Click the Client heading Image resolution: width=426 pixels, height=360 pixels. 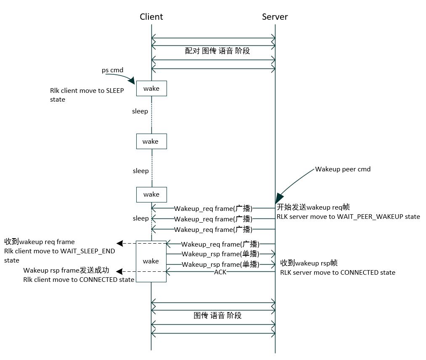tap(151, 17)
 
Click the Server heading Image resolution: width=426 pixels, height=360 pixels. tap(275, 17)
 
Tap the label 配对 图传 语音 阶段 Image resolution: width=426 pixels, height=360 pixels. tap(217, 51)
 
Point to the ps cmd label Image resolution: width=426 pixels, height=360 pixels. tap(112, 70)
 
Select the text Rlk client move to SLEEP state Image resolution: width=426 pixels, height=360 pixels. tap(87, 95)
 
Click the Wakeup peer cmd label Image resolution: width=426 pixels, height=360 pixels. tap(343, 170)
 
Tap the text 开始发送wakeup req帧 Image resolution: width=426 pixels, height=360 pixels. tap(313, 207)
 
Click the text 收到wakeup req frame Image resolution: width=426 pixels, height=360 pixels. tap(40, 242)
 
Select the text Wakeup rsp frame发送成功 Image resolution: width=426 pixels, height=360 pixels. tap(66, 270)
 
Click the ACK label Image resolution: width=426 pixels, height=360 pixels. tap(220, 272)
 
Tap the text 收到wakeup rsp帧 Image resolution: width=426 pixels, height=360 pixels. tap(309, 263)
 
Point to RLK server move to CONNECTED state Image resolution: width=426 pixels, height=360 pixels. tap(338, 273)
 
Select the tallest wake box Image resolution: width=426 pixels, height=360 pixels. tap(151, 261)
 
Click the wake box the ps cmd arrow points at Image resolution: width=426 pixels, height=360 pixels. tap(151, 88)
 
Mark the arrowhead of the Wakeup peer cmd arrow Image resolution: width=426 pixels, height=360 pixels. tap(278, 199)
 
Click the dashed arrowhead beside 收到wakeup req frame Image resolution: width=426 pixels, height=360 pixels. tap(119, 243)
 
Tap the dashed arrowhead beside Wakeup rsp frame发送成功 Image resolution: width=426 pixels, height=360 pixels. tap(119, 271)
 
